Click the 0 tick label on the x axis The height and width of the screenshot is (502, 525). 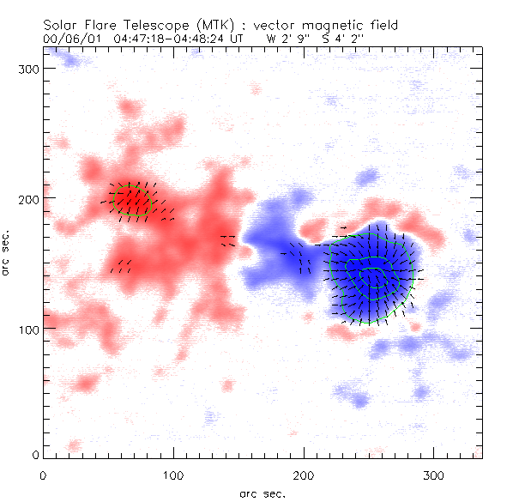[43, 475]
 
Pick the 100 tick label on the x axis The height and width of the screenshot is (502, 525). [173, 475]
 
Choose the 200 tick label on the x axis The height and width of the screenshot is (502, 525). [304, 475]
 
